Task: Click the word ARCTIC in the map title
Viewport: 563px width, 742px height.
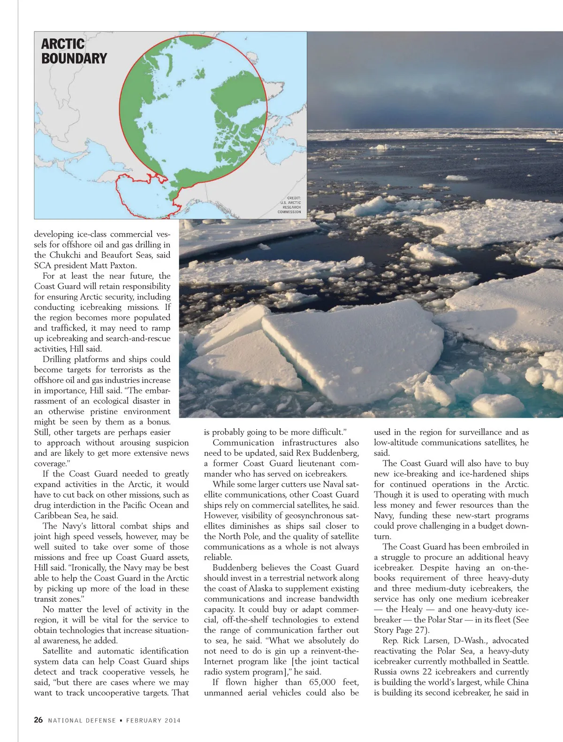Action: coord(63,44)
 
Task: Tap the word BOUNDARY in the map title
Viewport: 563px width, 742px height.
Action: coord(74,59)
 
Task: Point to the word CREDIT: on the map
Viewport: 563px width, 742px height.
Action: coord(294,198)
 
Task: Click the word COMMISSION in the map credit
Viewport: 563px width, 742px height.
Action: coord(289,212)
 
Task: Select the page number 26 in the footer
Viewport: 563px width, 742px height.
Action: coord(38,720)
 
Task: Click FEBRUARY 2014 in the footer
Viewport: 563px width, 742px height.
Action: coord(153,720)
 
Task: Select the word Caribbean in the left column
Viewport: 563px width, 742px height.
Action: coord(52,515)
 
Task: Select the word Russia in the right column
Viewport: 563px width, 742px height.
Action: coord(386,672)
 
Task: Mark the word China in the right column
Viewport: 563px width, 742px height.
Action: coord(517,682)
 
